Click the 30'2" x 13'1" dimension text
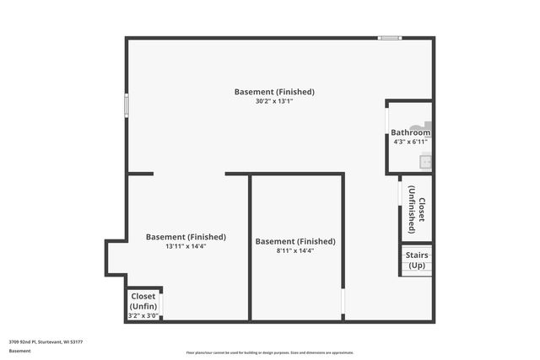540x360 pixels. [275, 101]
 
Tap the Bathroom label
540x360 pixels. [410, 132]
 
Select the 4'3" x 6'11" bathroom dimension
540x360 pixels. [410, 142]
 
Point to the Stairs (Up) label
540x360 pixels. [417, 260]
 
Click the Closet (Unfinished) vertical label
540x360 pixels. [416, 209]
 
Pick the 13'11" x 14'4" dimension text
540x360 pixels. [186, 246]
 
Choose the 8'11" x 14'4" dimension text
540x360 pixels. [295, 250]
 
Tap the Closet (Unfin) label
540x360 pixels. [143, 301]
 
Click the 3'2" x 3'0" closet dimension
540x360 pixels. [143, 315]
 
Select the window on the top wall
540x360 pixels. [389, 38]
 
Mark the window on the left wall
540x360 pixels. [127, 105]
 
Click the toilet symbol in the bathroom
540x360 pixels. [419, 125]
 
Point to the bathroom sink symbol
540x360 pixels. [426, 161]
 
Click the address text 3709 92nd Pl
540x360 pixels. [46, 342]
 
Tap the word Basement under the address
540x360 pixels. [19, 350]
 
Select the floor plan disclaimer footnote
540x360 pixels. [269, 352]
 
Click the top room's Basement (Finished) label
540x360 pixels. [275, 91]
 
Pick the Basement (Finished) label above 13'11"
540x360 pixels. [186, 237]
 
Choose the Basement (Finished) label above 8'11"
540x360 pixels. [295, 241]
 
